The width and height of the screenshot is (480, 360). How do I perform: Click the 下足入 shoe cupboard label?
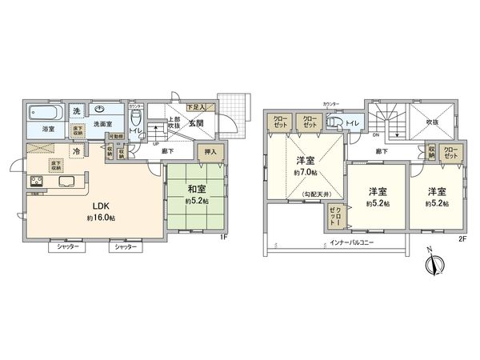[x=195, y=106]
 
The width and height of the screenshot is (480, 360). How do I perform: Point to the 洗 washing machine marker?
[x=77, y=110]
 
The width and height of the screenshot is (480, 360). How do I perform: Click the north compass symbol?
[x=430, y=265]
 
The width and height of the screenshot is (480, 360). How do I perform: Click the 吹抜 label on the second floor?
[x=433, y=122]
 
